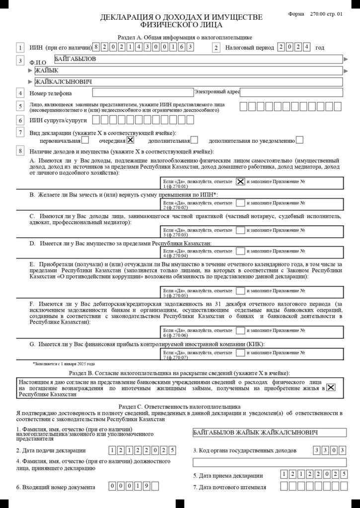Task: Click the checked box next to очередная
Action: [x=131, y=140]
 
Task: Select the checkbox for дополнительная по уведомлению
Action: [x=299, y=140]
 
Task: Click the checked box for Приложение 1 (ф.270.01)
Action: [x=240, y=182]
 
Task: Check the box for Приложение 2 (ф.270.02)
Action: [x=240, y=203]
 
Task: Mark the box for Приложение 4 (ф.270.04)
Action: [x=240, y=251]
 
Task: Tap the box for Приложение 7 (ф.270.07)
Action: [x=240, y=352]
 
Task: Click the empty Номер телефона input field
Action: [x=142, y=92]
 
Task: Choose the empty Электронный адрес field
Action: [x=291, y=92]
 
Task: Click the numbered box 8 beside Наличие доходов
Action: [x=20, y=151]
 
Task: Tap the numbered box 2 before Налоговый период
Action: [x=216, y=48]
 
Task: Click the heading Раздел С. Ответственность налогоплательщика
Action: [x=180, y=406]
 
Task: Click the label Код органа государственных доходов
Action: [x=244, y=450]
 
